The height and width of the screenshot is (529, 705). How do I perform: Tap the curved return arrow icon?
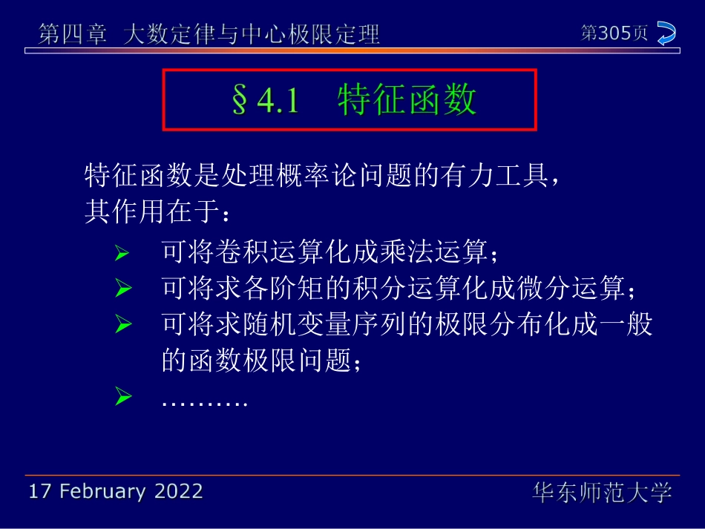(x=666, y=34)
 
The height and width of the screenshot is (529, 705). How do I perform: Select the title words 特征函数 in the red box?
(x=407, y=100)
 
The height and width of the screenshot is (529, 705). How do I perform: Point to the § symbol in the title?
(x=239, y=101)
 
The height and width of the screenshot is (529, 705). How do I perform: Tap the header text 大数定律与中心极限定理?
(x=252, y=35)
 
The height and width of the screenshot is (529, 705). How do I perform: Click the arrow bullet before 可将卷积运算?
(x=123, y=254)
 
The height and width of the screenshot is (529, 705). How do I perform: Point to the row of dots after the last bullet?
(x=203, y=403)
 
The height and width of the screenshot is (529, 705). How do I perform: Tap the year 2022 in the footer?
(x=179, y=491)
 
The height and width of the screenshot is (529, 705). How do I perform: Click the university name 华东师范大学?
(x=602, y=492)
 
